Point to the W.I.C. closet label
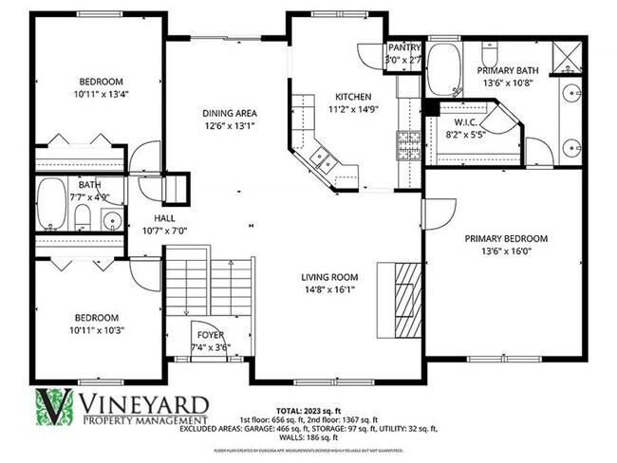[x=464, y=122]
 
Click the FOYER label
[x=209, y=336]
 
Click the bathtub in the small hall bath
[x=51, y=206]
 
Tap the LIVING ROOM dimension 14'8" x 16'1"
[x=329, y=290]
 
